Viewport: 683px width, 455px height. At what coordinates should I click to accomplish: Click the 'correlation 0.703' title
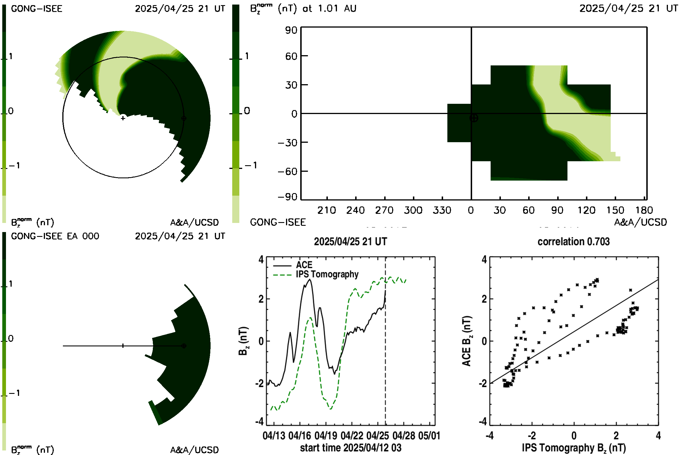pos(573,242)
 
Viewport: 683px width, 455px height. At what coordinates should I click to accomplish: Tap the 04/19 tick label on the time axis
pos(326,436)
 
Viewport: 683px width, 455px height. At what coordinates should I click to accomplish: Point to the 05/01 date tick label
pos(429,436)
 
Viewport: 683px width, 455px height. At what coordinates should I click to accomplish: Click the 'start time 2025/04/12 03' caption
pos(351,448)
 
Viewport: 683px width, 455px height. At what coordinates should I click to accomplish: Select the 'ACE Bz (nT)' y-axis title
pos(467,341)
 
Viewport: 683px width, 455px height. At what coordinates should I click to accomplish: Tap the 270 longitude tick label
pos(384,210)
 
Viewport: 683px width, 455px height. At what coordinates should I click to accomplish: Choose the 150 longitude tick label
pos(615,210)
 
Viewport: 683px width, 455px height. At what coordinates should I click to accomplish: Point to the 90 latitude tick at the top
pos(291,30)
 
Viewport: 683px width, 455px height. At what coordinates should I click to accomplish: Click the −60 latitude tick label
pos(287,171)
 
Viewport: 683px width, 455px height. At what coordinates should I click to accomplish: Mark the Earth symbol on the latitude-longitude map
pos(474,118)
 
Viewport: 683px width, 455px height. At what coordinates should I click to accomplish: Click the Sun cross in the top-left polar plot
pos(123,118)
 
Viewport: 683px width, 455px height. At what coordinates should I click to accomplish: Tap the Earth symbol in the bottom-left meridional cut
pos(184,346)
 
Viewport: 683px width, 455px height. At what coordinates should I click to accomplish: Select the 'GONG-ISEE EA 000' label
pos(55,236)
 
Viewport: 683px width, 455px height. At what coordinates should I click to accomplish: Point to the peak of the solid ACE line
pos(310,280)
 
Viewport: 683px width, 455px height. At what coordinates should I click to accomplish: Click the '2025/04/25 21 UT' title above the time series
pos(351,242)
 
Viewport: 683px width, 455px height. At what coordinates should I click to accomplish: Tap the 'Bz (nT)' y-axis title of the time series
pos(243,341)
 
